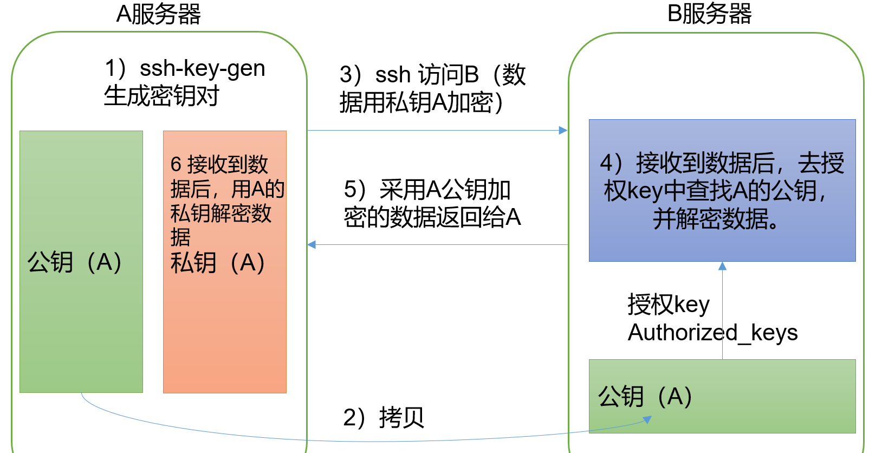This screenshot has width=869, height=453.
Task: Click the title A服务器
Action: [158, 14]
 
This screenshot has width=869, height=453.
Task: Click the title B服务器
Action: [709, 14]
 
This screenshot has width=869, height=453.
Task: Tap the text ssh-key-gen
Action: [202, 69]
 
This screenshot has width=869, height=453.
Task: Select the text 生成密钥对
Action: [161, 96]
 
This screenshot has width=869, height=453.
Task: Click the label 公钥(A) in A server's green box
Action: [75, 262]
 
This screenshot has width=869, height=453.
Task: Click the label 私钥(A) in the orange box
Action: [218, 263]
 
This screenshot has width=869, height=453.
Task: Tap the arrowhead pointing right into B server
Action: [563, 131]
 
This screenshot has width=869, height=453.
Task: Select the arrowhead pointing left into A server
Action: [312, 245]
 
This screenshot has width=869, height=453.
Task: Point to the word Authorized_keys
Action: [712, 332]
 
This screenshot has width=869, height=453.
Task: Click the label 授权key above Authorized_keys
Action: [668, 305]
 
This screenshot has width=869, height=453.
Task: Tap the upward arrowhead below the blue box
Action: [722, 266]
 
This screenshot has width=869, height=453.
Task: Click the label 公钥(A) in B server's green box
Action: [645, 396]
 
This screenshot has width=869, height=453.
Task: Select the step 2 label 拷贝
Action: [401, 417]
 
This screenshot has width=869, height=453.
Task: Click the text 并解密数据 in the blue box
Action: [715, 219]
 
